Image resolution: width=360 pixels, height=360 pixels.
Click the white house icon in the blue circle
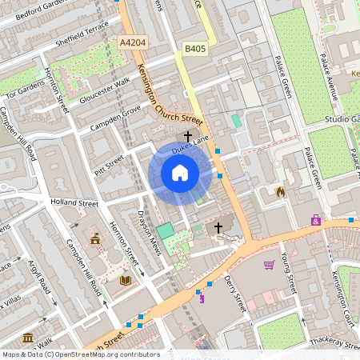point(180,173)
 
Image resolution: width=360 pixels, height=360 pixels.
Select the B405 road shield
point(194,49)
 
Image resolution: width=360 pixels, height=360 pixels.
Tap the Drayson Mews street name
point(150,233)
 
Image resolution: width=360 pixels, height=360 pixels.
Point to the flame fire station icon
point(280,192)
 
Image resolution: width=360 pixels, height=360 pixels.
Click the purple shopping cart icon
point(316,219)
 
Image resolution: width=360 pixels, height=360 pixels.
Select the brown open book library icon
point(125,280)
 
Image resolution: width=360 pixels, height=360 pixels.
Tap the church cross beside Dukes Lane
point(188,137)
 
